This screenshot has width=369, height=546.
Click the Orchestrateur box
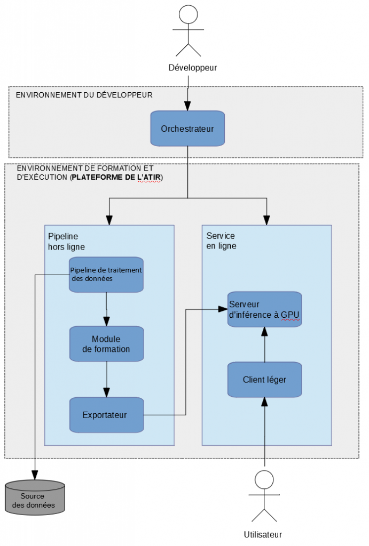pos(187,129)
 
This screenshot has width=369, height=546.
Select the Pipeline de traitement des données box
pos(106,274)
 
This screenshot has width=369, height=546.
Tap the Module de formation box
pos(106,344)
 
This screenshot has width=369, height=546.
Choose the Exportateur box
pos(106,414)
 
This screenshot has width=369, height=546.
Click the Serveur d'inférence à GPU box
pos(264,309)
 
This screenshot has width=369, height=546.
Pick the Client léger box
pos(264,380)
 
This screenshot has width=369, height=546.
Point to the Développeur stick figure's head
pos(188,13)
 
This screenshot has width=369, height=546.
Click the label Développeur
pos(192,68)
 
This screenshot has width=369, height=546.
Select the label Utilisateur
pos(262,534)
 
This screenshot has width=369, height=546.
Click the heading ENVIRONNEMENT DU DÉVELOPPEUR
pos(84,95)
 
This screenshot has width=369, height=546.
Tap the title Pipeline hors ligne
pos(66,241)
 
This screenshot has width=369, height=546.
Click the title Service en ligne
pos(221,240)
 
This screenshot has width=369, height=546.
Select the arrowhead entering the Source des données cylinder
pos(35,474)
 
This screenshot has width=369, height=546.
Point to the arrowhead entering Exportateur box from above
pos(107,393)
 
